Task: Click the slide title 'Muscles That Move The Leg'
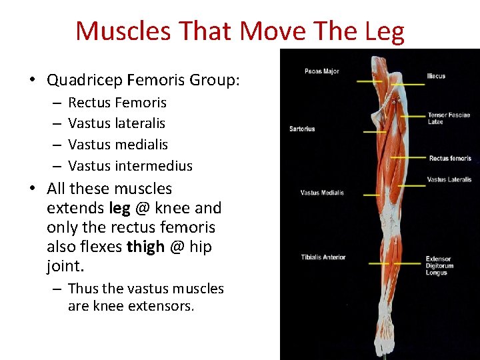click(239, 31)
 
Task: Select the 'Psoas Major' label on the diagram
click(321, 71)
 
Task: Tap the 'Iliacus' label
click(436, 76)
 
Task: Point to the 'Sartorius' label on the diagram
click(301, 129)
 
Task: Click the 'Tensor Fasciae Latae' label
click(448, 119)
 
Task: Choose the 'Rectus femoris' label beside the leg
click(450, 159)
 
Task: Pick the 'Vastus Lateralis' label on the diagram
click(449, 179)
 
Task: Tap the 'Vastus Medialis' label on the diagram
click(322, 193)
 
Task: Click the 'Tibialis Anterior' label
click(323, 257)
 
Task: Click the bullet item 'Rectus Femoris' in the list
click(117, 103)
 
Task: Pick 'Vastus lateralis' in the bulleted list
click(117, 123)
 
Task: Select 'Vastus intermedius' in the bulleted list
click(130, 166)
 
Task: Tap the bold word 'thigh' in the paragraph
click(145, 247)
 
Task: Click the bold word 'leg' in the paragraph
click(119, 208)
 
